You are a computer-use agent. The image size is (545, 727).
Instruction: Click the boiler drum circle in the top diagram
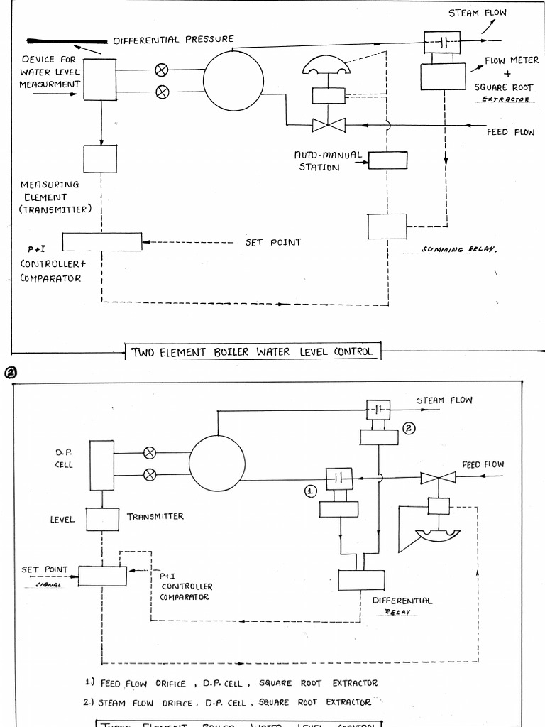(x=233, y=79)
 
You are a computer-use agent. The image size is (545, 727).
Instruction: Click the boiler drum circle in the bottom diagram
(x=216, y=463)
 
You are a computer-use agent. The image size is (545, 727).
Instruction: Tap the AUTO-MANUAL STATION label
(x=328, y=160)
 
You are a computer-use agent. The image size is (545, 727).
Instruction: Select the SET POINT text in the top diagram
(x=273, y=242)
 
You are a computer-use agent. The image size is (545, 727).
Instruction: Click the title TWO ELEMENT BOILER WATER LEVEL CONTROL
(x=252, y=351)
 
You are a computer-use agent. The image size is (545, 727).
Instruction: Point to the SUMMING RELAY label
(x=458, y=249)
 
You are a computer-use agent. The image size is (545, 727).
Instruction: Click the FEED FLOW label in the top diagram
(x=510, y=132)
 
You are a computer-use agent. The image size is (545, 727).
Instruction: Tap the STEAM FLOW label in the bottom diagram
(x=444, y=400)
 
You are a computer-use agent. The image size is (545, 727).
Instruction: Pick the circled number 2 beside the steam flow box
(x=408, y=428)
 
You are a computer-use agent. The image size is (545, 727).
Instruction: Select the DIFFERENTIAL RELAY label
(x=402, y=606)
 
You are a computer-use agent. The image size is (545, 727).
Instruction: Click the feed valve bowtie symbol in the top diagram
(x=329, y=126)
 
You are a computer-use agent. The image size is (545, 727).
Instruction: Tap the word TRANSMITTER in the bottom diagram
(x=155, y=516)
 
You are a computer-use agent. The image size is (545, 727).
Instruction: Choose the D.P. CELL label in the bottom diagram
(x=65, y=457)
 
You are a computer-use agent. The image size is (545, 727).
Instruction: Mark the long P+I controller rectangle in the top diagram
(x=101, y=241)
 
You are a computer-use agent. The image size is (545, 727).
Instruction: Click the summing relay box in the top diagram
(x=387, y=226)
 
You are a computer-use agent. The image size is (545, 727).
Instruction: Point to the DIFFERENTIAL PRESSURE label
(x=173, y=39)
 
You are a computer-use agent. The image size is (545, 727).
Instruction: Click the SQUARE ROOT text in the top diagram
(x=503, y=87)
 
